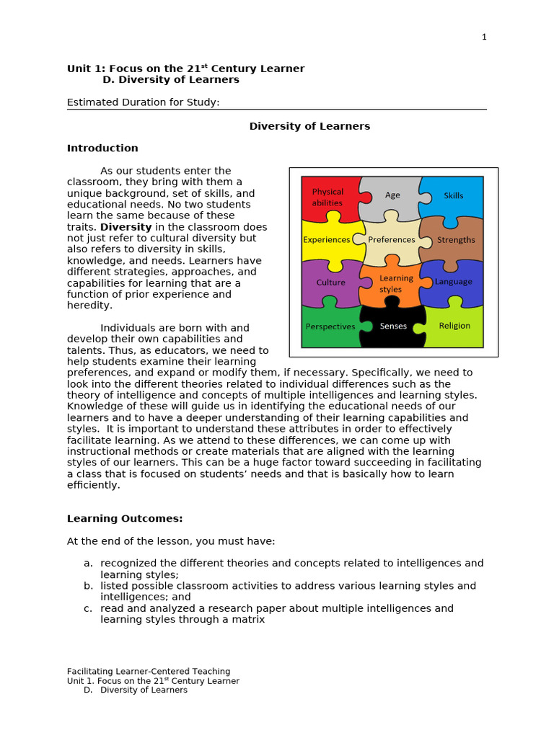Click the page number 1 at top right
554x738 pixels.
(x=484, y=37)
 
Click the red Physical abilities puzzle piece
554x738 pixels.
(x=327, y=197)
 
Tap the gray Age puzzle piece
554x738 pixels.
(x=392, y=195)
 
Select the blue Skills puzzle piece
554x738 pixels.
(x=453, y=195)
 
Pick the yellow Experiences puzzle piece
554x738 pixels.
(x=327, y=239)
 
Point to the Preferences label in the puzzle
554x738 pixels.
(x=392, y=239)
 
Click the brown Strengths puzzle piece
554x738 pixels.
(x=456, y=239)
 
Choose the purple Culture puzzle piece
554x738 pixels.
(x=330, y=283)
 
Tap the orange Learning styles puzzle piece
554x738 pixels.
(x=392, y=283)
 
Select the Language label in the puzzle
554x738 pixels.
(x=454, y=282)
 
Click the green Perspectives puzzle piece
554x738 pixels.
(x=330, y=326)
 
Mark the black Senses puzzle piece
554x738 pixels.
(x=393, y=326)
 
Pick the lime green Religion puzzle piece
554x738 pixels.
(x=454, y=326)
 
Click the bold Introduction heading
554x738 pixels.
(x=102, y=148)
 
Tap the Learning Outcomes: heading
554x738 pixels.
(x=125, y=518)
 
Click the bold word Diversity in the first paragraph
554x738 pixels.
(x=126, y=227)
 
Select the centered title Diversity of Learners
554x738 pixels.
(x=309, y=126)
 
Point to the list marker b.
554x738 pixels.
(x=87, y=586)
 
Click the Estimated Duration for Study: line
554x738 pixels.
(x=143, y=102)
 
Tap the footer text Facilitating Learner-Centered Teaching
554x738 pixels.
(x=149, y=671)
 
